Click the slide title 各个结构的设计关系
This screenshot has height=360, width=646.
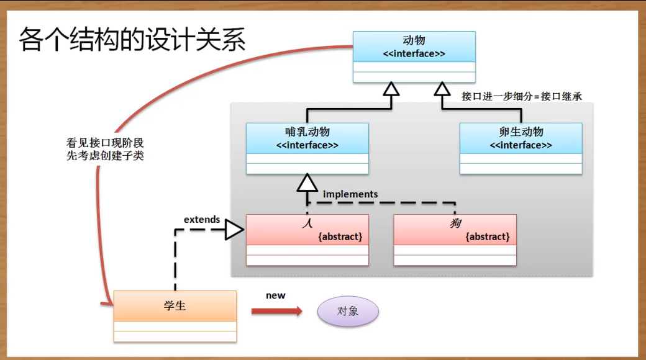click(x=132, y=40)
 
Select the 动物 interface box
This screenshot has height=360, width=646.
click(x=414, y=56)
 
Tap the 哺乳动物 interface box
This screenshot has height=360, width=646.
click(x=307, y=148)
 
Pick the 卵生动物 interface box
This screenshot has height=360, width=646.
click(x=521, y=148)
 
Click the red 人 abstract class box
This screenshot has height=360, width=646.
click(x=307, y=240)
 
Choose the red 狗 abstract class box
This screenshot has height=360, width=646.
click(x=455, y=240)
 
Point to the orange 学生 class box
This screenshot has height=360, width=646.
click(x=175, y=315)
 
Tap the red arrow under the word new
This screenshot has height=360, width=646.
click(x=277, y=311)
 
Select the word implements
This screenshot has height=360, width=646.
click(x=350, y=194)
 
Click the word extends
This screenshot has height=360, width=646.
click(x=202, y=219)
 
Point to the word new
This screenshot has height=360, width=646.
click(x=275, y=295)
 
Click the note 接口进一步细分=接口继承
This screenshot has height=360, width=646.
click(x=522, y=96)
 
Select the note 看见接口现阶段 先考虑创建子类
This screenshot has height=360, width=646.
click(x=105, y=149)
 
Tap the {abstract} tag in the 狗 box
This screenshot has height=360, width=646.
click(x=488, y=236)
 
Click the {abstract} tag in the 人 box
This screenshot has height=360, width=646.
click(x=340, y=236)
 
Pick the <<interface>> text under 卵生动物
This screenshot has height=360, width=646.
click(x=521, y=145)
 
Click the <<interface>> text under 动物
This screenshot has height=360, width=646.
click(x=414, y=53)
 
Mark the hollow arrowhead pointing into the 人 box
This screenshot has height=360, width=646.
click(x=234, y=230)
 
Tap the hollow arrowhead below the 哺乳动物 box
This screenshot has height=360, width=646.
click(x=307, y=182)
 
